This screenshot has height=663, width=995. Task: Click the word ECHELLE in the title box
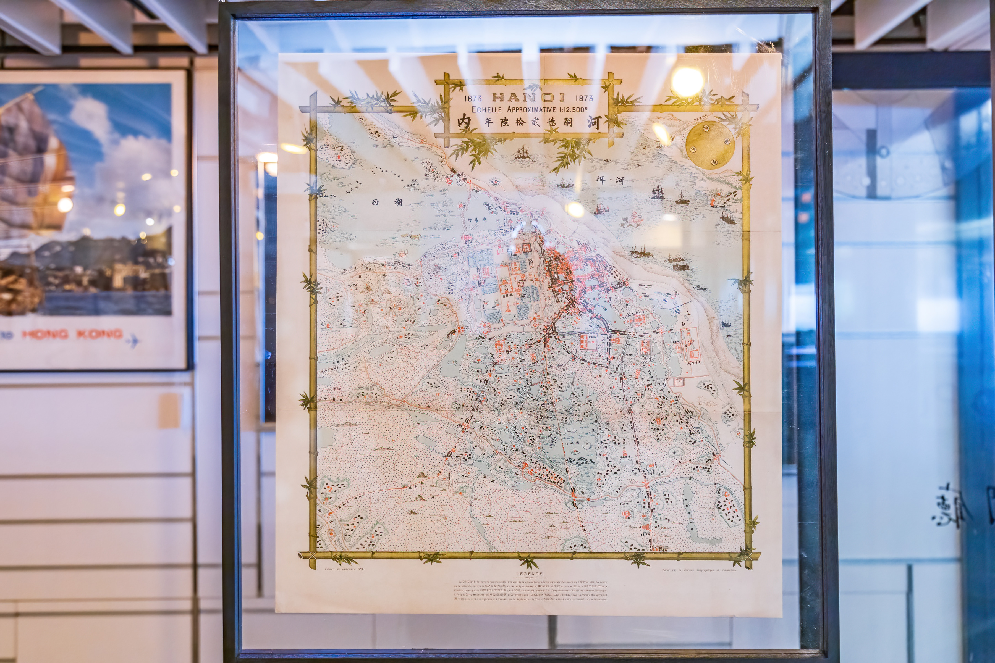pos(486,109)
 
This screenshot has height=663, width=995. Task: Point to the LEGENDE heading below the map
pos(529,574)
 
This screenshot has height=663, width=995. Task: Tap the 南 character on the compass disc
pos(714,162)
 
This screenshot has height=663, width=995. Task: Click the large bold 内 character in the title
pos(464,123)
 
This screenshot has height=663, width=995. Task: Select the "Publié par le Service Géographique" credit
pos(699,570)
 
